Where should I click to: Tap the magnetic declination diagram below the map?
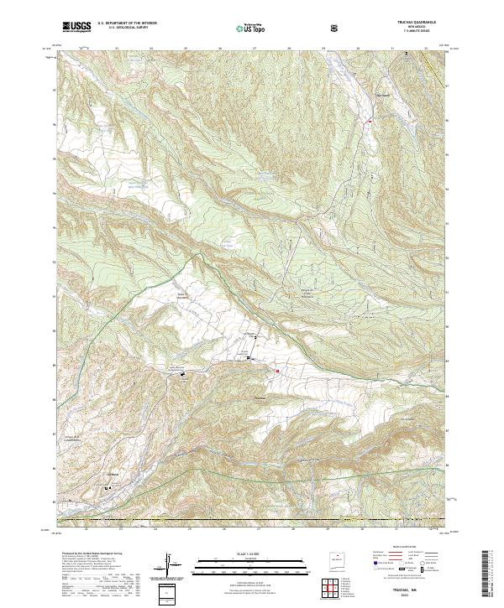[170, 565]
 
